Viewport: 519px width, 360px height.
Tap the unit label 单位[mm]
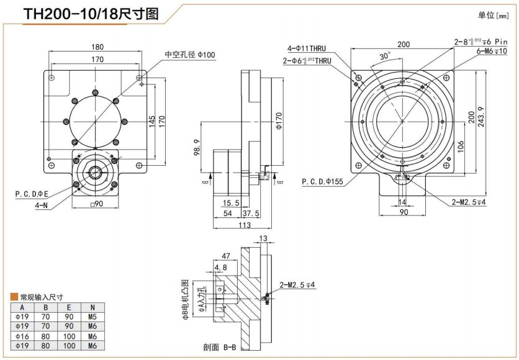495,15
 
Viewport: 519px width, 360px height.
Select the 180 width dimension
97,47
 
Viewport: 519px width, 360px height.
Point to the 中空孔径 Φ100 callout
189,55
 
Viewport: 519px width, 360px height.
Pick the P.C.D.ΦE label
32,194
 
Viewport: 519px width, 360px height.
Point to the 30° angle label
385,55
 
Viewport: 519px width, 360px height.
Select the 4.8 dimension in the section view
220,268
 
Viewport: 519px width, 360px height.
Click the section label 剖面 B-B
219,348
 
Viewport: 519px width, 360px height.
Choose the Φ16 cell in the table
22,336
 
